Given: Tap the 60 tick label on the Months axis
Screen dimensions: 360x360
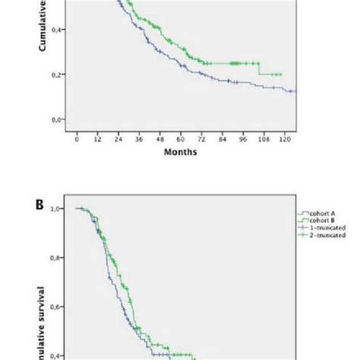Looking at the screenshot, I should point(181,139).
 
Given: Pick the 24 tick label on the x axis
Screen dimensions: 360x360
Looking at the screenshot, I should point(118,139).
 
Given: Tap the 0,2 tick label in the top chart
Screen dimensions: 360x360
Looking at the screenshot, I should point(58,74).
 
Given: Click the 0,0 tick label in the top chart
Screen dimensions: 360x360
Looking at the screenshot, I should point(58,119).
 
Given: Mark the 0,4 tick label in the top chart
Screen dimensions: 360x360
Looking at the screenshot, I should point(58,30).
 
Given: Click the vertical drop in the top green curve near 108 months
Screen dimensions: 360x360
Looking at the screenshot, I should point(260,69).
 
